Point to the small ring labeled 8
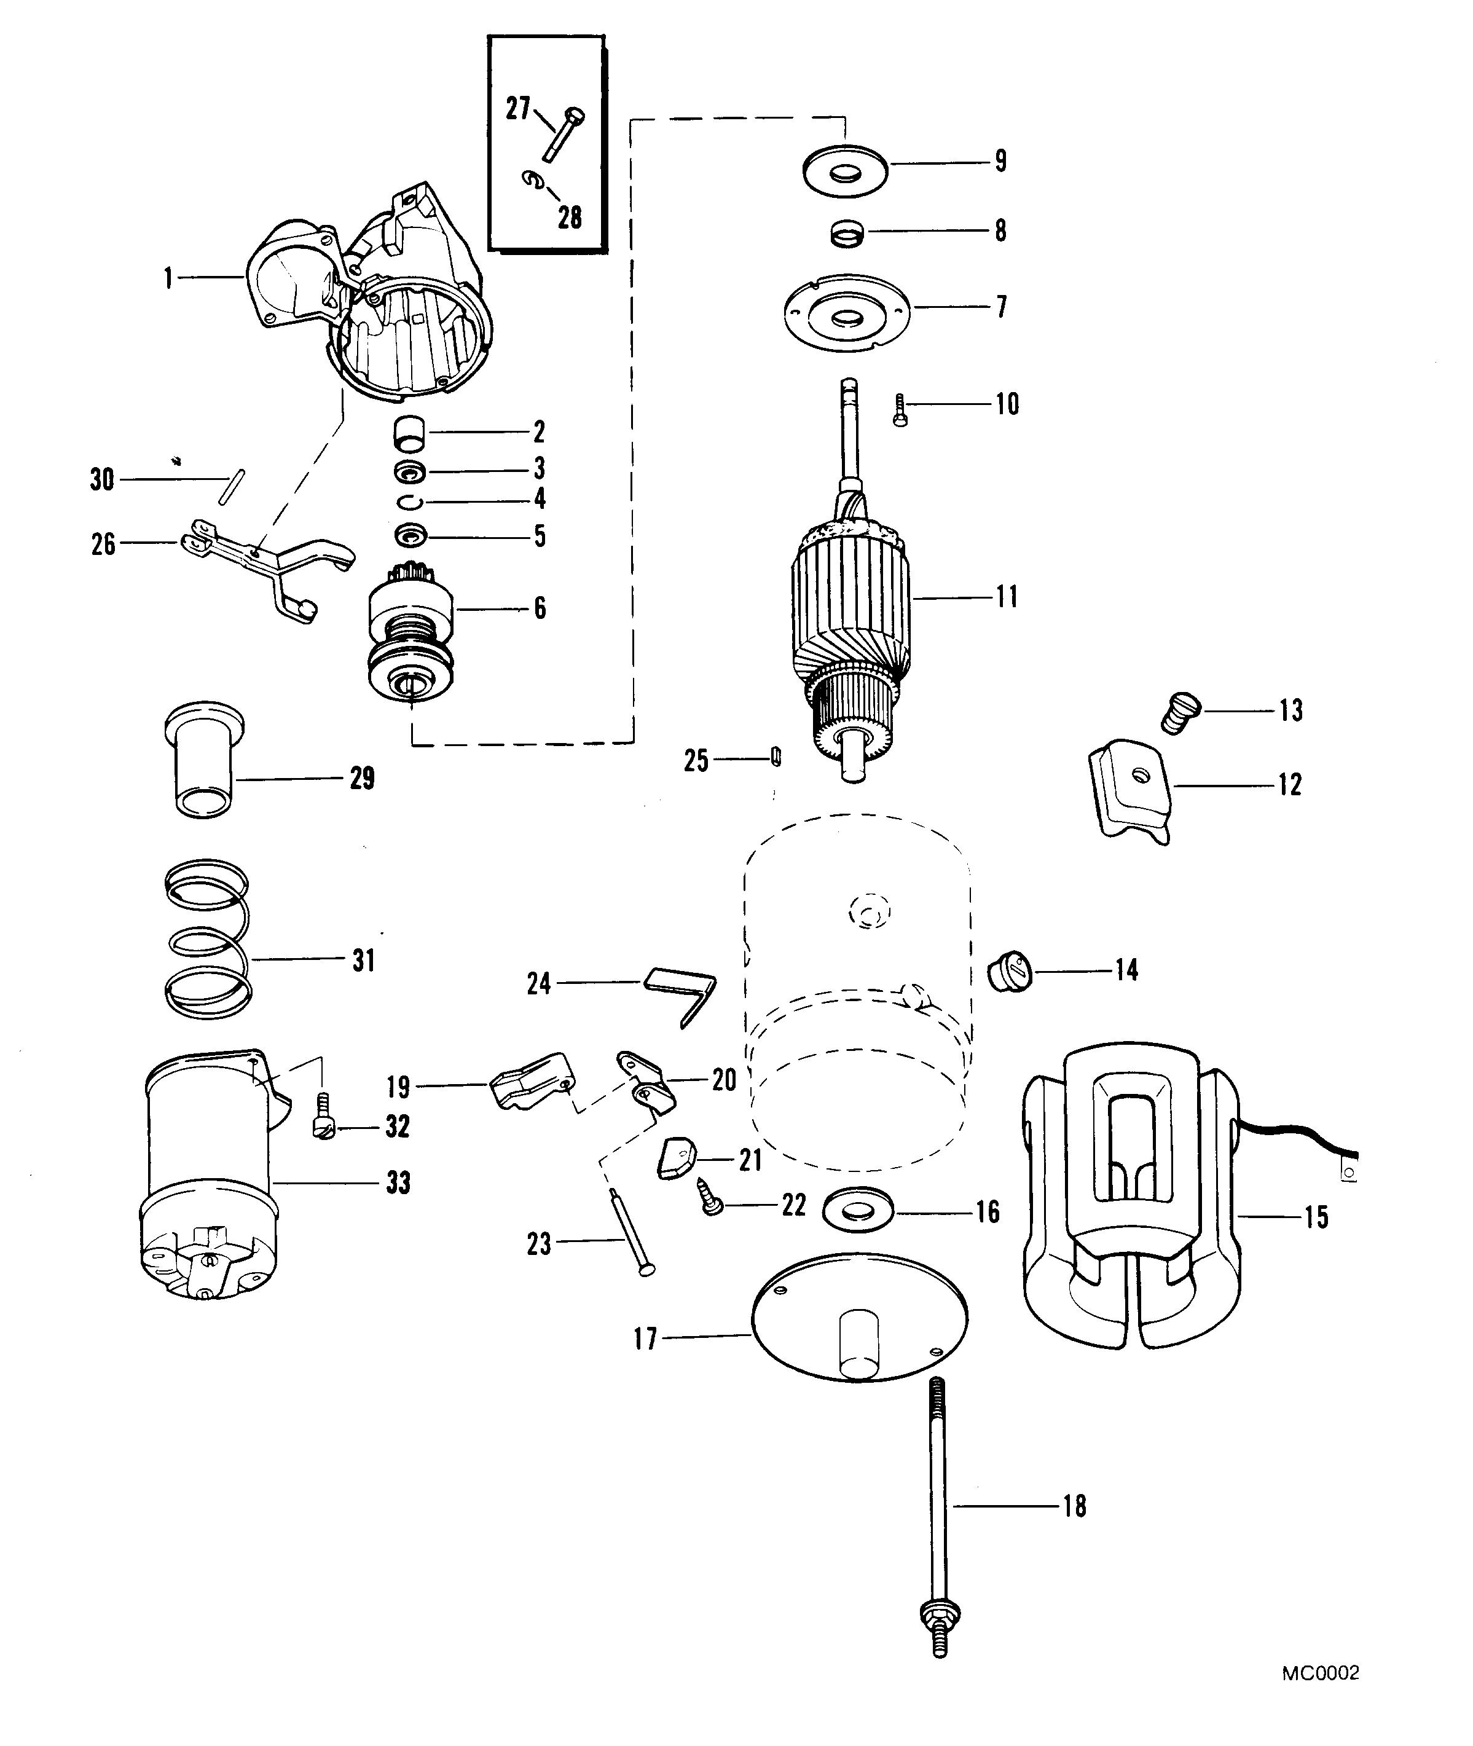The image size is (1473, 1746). pyautogui.click(x=845, y=232)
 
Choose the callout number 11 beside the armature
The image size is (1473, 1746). pyautogui.click(x=1007, y=597)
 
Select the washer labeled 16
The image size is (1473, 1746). pyautogui.click(x=858, y=1211)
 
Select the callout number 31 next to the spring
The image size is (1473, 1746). pyautogui.click(x=363, y=960)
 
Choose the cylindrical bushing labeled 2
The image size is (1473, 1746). pyautogui.click(x=409, y=435)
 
